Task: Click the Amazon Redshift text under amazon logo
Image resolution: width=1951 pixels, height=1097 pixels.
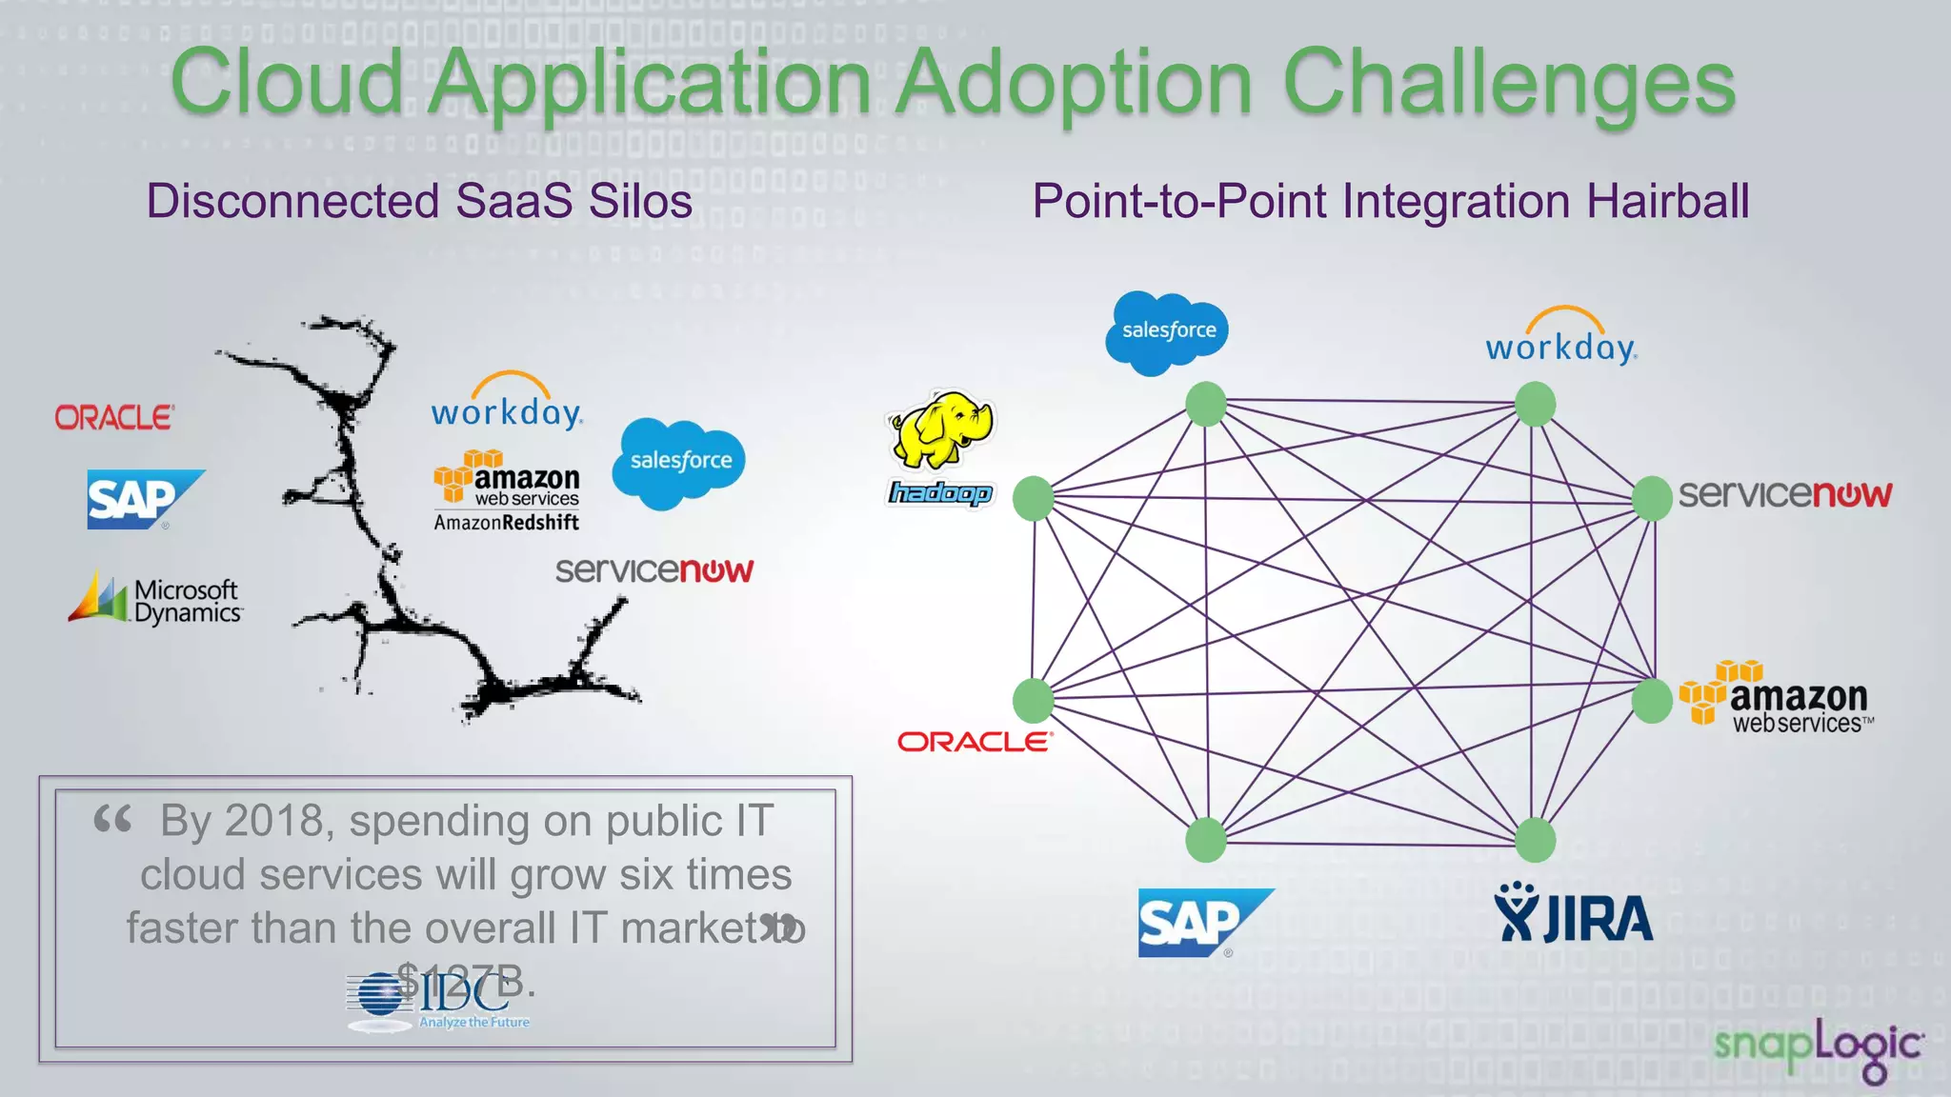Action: (x=506, y=522)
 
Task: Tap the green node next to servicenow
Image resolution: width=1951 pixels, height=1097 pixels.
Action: (x=1651, y=498)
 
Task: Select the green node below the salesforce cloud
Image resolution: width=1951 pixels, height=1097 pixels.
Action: (x=1206, y=404)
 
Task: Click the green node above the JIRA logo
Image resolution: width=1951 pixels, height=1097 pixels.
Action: (x=1535, y=840)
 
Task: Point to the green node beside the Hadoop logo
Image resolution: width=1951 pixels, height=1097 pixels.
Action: (x=1034, y=498)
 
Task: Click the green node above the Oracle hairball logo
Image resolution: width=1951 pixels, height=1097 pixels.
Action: (x=1034, y=701)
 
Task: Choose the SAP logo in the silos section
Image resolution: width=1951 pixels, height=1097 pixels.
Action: (x=143, y=499)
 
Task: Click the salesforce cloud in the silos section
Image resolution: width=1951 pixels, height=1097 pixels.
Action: (x=678, y=462)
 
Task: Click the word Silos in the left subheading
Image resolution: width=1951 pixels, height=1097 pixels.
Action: (x=640, y=202)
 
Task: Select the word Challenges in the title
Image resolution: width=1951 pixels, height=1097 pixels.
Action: (x=1509, y=84)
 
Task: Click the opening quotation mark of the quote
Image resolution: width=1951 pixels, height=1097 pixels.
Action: (x=112, y=819)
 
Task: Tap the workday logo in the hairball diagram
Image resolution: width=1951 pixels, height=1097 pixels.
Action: (x=1560, y=338)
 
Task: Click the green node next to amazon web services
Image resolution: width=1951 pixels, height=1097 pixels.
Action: (x=1651, y=701)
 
